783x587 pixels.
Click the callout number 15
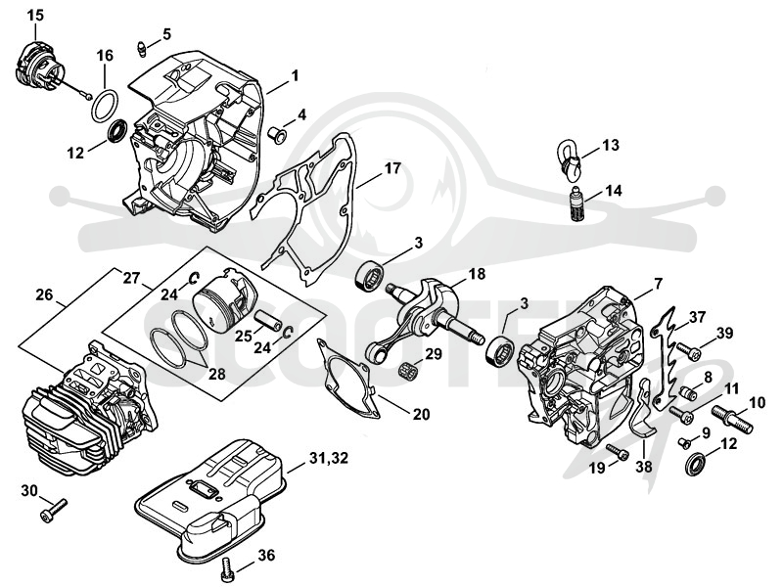(35, 15)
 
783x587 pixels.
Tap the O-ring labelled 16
(106, 106)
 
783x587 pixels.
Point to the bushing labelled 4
(276, 134)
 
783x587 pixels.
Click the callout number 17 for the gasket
(393, 168)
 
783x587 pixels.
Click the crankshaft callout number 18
(477, 274)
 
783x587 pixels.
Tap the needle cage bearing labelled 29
(407, 372)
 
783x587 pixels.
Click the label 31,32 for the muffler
(329, 458)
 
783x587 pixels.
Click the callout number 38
(644, 467)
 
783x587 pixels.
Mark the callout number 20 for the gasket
(421, 414)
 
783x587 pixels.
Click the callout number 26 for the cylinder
(44, 295)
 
